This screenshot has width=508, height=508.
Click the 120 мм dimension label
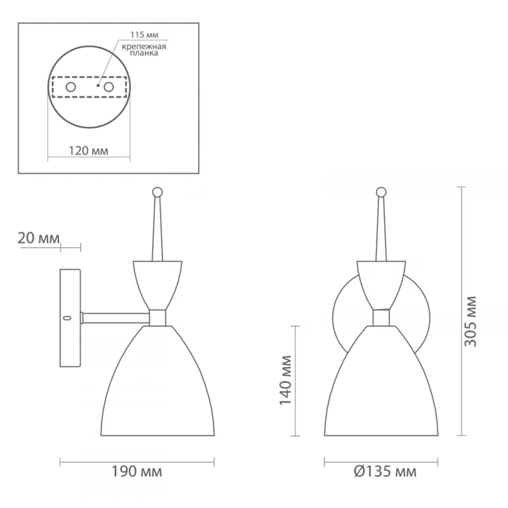coord(89,151)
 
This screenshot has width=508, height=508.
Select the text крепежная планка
coord(145,50)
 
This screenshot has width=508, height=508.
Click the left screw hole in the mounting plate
coord(71,87)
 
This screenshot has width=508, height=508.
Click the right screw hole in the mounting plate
coord(108,87)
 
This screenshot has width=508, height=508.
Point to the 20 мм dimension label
coord(39,238)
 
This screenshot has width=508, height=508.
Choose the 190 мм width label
coord(137,471)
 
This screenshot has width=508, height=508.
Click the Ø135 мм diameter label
coord(385,471)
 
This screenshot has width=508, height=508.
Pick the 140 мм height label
coord(285,380)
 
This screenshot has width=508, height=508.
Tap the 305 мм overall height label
coord(470,321)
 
